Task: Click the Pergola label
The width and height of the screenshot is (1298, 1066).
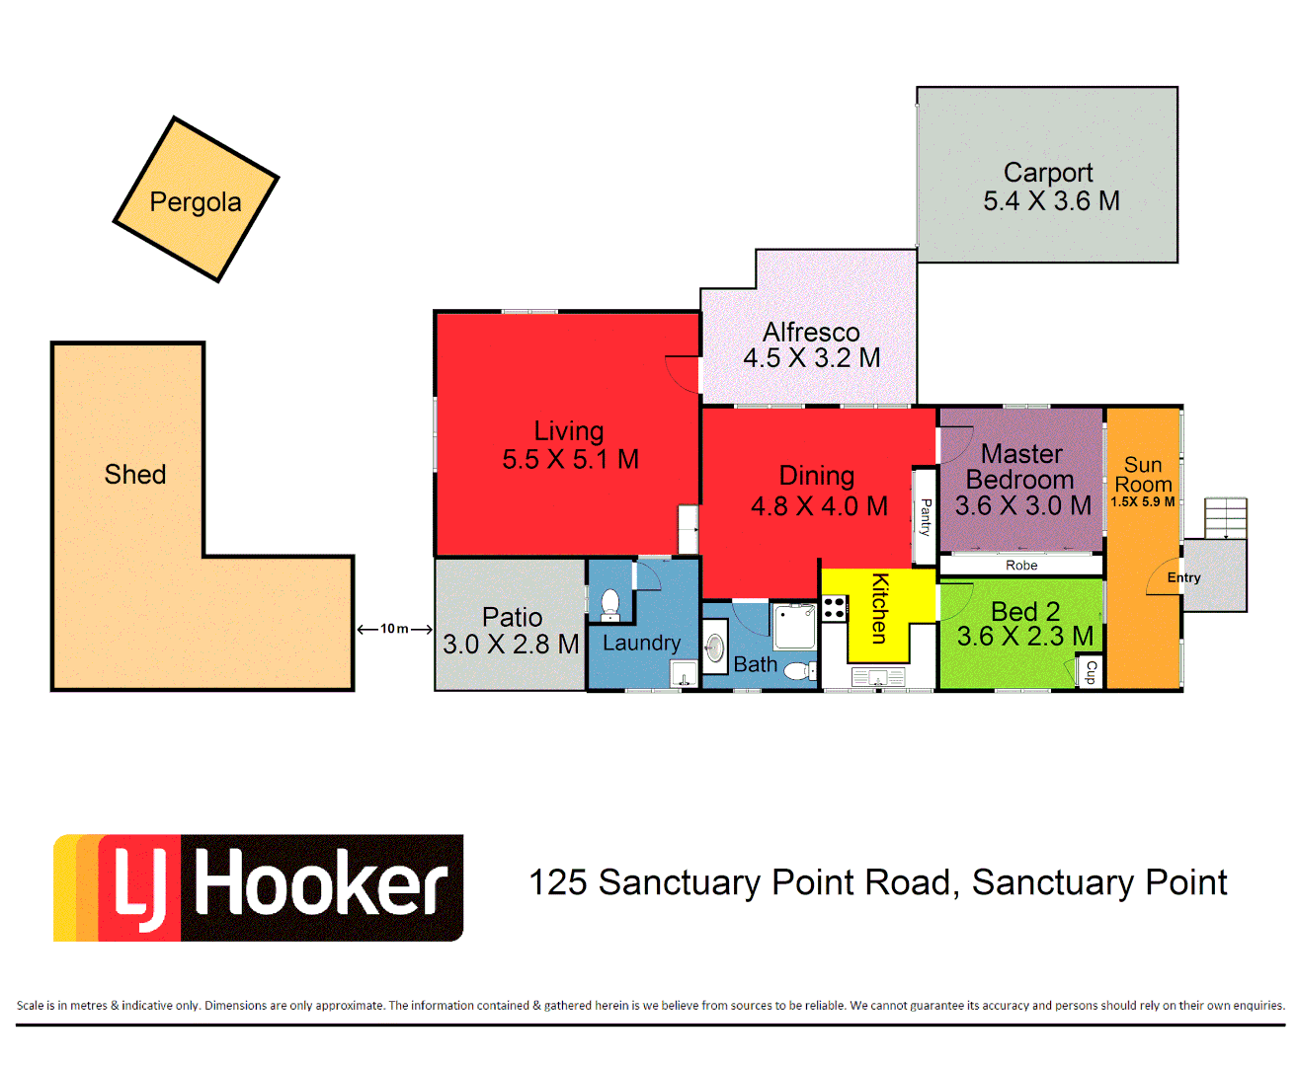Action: coord(196,202)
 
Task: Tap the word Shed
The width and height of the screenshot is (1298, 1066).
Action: coord(135,475)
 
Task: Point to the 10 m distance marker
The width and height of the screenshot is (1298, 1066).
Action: coord(394,629)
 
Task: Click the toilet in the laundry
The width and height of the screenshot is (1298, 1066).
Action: coord(610,603)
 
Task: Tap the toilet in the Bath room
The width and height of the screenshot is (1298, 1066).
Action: coord(798,671)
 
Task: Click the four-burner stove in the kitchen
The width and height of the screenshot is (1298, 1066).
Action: coord(835,608)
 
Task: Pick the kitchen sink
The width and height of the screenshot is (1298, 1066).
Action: coord(878,677)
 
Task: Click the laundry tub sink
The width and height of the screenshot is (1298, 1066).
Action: coord(685,674)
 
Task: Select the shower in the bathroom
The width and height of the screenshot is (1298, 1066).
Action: coord(794,626)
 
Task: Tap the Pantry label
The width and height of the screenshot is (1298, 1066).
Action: coord(926,516)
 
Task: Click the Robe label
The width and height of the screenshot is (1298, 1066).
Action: coord(1021,566)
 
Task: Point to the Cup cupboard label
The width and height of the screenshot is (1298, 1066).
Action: coord(1091,672)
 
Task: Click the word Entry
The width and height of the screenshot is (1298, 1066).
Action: coord(1183,578)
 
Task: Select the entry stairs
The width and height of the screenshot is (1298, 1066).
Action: coord(1225,518)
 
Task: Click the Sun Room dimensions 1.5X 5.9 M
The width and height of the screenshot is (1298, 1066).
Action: coord(1143,501)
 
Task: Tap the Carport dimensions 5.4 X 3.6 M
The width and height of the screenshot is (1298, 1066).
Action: coord(1051,201)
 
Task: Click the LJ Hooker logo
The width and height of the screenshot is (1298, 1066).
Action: coord(259,887)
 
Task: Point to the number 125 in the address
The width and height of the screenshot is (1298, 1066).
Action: coord(557,882)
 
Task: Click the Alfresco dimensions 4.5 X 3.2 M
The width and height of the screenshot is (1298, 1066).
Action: coord(811,358)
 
